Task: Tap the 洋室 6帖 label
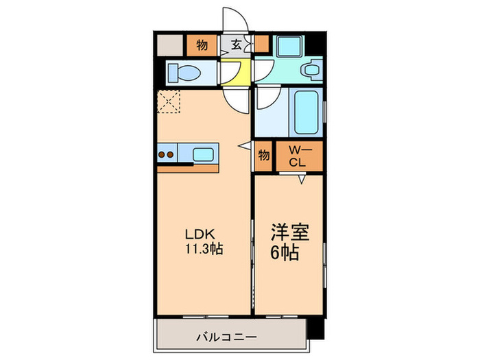click(x=288, y=241)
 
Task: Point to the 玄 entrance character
click(x=236, y=45)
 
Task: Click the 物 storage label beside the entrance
click(x=202, y=45)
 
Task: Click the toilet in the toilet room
click(x=183, y=72)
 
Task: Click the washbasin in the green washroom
click(x=312, y=69)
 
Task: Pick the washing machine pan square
click(x=287, y=46)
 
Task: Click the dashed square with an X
click(x=168, y=102)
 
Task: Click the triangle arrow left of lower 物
click(x=243, y=146)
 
